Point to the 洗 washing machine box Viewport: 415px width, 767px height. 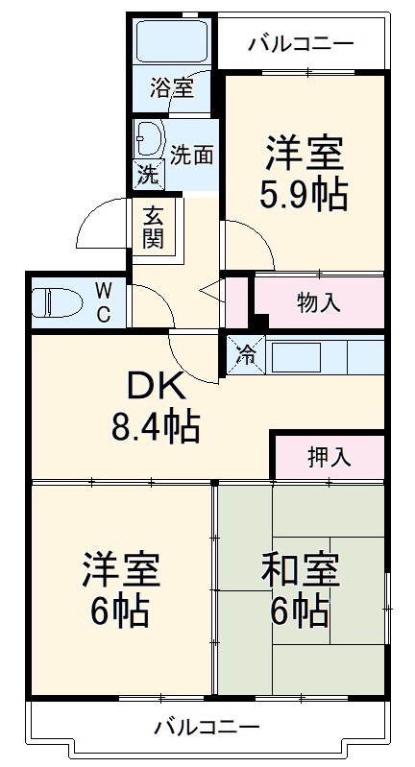(147, 175)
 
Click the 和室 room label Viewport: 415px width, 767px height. (301, 570)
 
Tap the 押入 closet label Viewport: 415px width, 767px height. (330, 458)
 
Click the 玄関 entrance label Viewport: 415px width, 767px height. (153, 228)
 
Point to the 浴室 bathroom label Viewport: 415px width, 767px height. (173, 89)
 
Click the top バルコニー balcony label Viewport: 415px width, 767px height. (301, 43)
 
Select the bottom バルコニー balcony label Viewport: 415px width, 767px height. (207, 727)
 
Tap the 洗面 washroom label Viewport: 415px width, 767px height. (192, 153)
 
